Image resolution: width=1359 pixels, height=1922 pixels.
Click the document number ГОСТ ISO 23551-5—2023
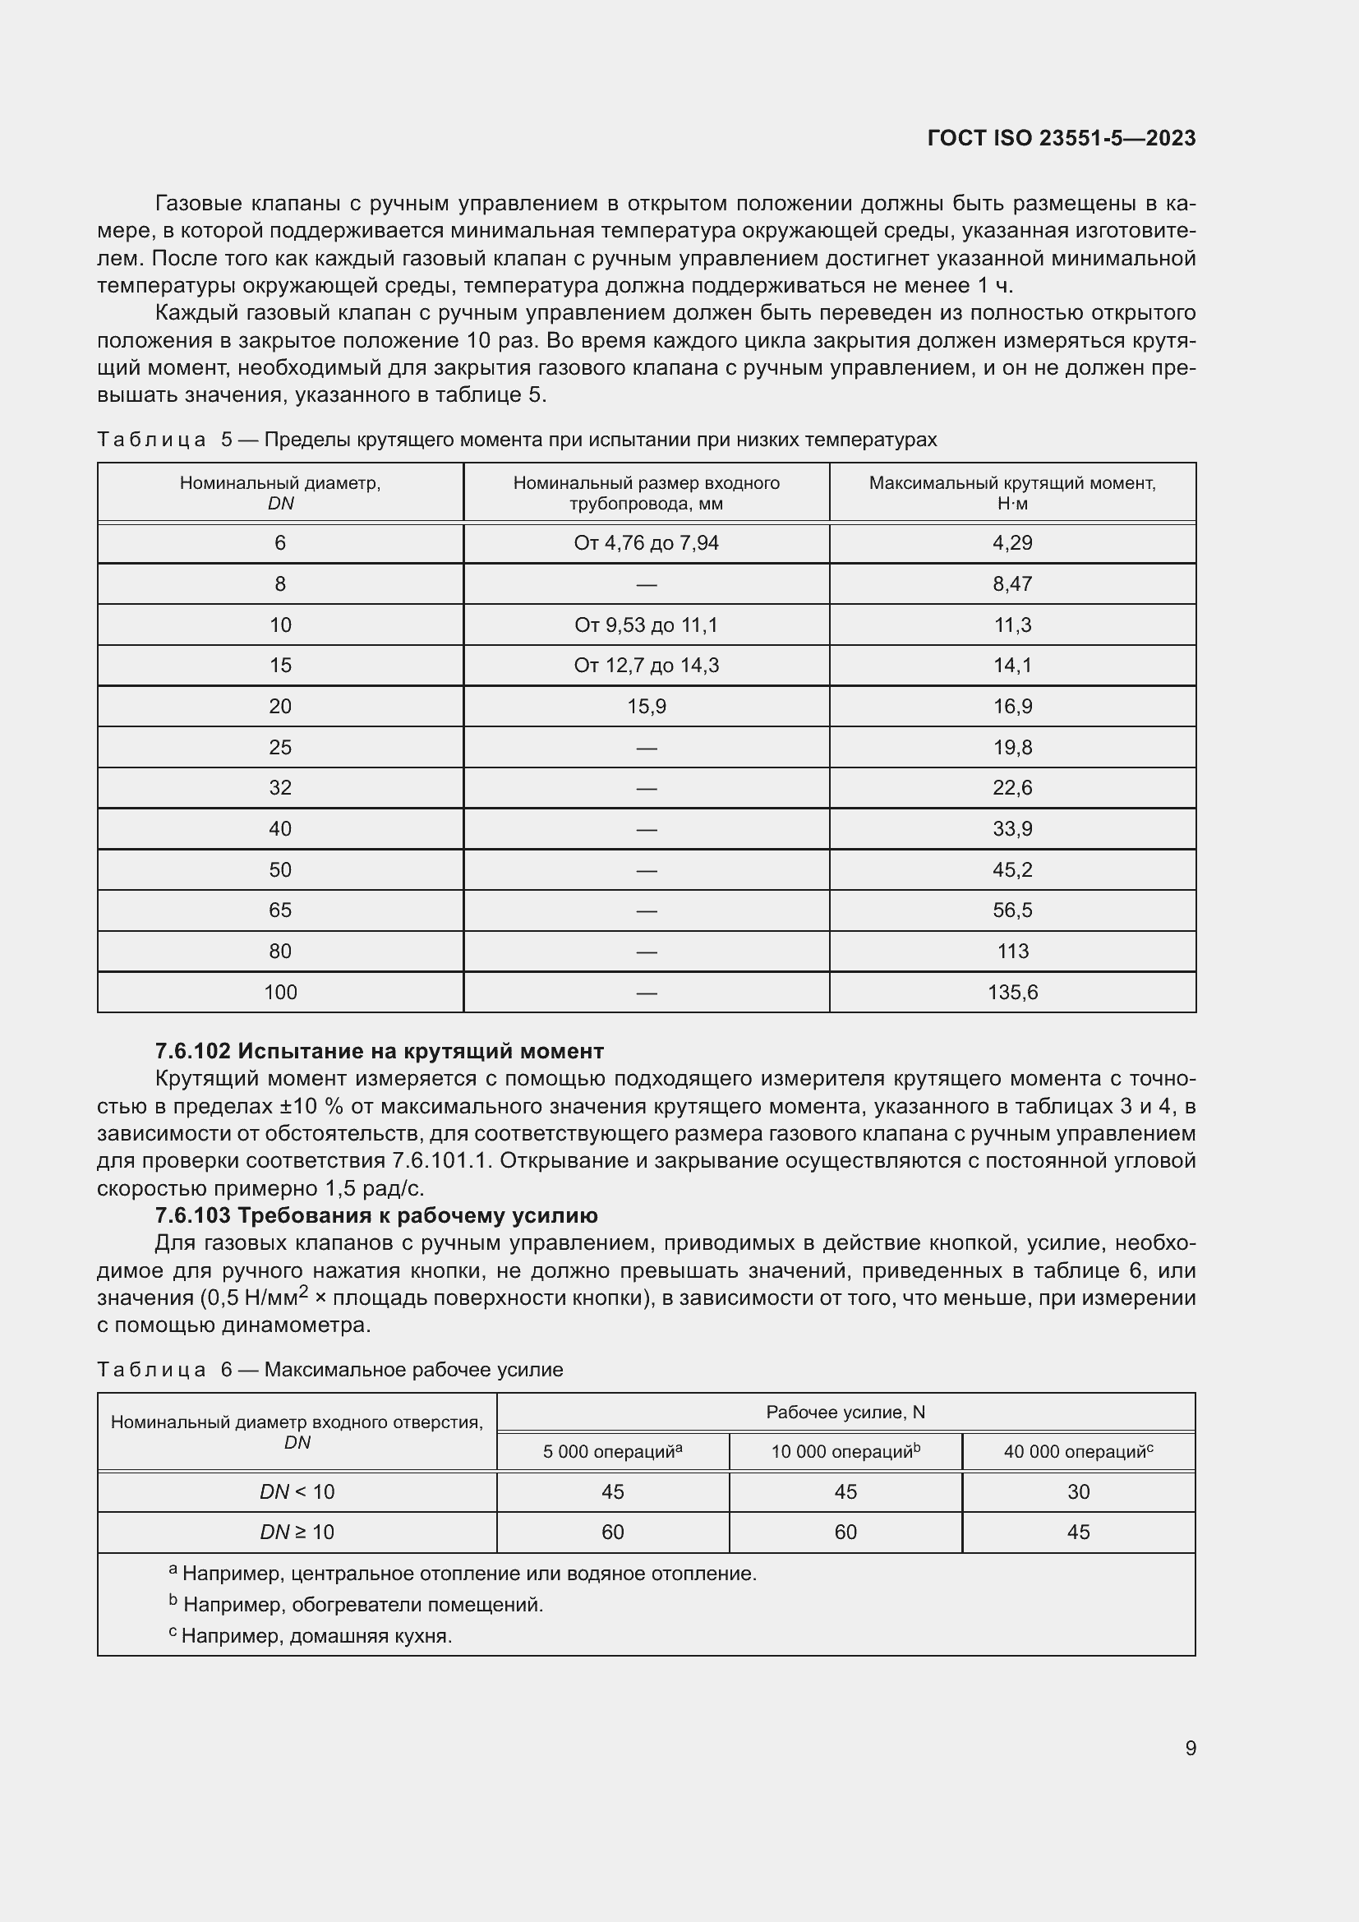click(x=1061, y=138)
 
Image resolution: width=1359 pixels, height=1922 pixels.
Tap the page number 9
click(x=1190, y=1748)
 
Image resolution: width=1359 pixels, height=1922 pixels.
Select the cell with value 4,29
click(x=1011, y=543)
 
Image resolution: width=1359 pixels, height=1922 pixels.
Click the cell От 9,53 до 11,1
click(x=646, y=625)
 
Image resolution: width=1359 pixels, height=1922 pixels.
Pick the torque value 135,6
click(x=1011, y=992)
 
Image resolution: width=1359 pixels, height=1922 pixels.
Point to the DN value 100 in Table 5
click(x=280, y=992)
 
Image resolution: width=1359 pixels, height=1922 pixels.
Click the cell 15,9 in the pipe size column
click(x=646, y=707)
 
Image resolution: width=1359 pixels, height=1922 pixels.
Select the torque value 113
click(x=1011, y=951)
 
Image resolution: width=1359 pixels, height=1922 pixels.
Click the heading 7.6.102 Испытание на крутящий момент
click(x=379, y=1051)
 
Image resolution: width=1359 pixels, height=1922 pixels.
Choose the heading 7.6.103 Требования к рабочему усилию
click(x=376, y=1215)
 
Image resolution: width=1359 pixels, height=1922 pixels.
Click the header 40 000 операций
click(x=1078, y=1451)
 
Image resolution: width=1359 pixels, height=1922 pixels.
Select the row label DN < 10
click(x=297, y=1491)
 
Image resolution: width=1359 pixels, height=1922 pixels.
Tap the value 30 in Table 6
click(x=1078, y=1491)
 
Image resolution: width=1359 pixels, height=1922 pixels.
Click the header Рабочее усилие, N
click(x=845, y=1413)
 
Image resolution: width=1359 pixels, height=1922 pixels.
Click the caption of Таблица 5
click(x=516, y=440)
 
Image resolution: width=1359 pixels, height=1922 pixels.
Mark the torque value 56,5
click(x=1011, y=910)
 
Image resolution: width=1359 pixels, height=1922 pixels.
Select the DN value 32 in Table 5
click(x=280, y=788)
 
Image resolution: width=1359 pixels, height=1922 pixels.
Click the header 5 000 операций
click(x=612, y=1451)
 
